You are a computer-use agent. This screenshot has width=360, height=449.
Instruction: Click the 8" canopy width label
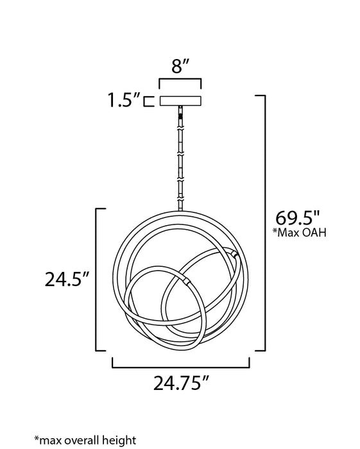pyautogui.click(x=180, y=67)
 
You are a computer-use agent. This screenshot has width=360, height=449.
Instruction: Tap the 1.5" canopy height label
pyautogui.click(x=124, y=100)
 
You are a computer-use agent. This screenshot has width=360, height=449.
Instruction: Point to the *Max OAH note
pyautogui.click(x=299, y=232)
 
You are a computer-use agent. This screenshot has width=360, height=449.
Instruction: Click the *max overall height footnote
pyautogui.click(x=85, y=440)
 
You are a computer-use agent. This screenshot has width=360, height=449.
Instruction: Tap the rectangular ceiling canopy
pyautogui.click(x=180, y=101)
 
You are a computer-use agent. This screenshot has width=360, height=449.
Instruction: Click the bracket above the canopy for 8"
pyautogui.click(x=180, y=79)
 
